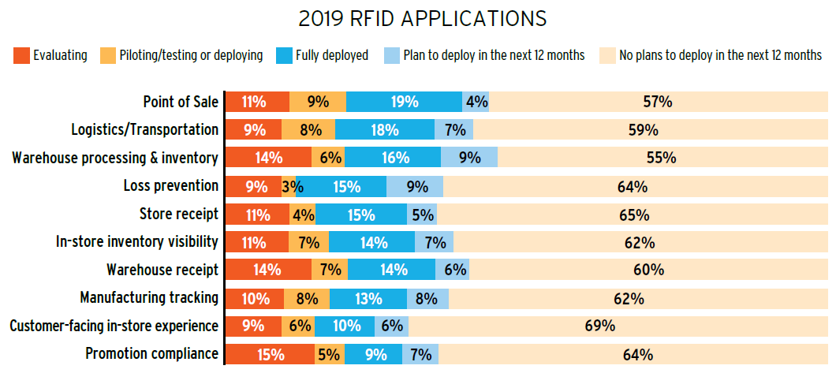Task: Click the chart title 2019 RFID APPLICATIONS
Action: tap(418, 18)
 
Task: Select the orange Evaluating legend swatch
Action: tap(21, 55)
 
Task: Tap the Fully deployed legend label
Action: tap(331, 55)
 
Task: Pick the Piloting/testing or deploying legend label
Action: tap(191, 55)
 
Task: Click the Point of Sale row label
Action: tap(180, 102)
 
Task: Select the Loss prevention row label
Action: tap(170, 186)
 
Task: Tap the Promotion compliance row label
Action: tap(151, 354)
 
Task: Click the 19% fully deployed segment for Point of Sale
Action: tap(404, 102)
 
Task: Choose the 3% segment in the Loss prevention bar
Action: tap(289, 186)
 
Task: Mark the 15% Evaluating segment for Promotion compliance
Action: tap(270, 354)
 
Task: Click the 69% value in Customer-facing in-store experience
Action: tap(601, 326)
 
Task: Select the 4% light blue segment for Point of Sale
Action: tap(476, 102)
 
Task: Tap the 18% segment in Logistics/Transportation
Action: tap(385, 129)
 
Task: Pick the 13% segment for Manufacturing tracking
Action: tap(368, 298)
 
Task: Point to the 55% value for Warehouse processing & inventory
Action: tap(661, 158)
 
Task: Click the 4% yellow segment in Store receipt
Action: tap(304, 214)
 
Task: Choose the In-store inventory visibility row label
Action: tap(137, 242)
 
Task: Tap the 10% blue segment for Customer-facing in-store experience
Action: tap(348, 326)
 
